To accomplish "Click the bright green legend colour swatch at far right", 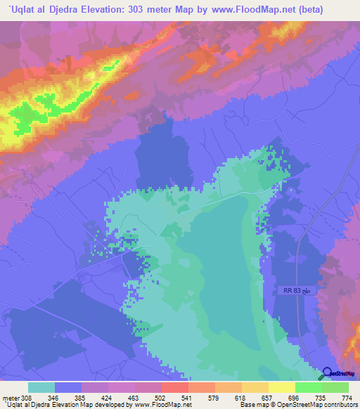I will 335,387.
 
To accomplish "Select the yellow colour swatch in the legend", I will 281,387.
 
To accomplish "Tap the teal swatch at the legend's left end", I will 41,387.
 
